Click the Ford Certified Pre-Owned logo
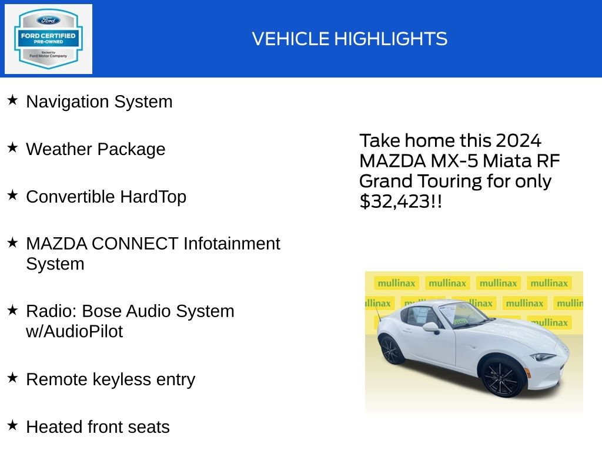(48, 39)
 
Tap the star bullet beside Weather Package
(12, 148)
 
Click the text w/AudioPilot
(74, 331)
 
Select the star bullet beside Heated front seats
(12, 425)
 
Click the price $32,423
(394, 201)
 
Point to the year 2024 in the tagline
(518, 141)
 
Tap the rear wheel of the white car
(392, 349)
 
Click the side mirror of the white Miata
(431, 327)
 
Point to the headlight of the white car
(542, 356)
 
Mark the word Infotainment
(232, 243)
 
